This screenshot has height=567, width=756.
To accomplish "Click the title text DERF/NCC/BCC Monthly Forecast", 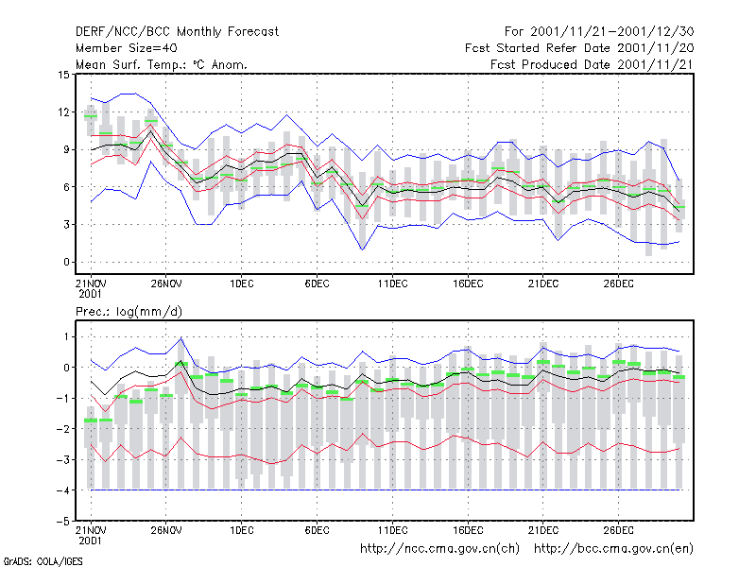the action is [177, 32].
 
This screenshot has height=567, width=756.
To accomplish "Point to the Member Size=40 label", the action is [127, 48].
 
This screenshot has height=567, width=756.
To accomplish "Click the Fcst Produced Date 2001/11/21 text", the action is [592, 64].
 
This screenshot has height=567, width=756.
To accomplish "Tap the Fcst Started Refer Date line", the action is [579, 48].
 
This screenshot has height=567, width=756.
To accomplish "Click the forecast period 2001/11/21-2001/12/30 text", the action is [599, 32].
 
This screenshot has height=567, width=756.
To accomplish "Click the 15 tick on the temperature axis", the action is [63, 75].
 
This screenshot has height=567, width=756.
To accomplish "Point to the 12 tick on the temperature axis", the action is [63, 112].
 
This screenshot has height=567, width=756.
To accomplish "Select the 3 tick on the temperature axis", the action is [66, 225].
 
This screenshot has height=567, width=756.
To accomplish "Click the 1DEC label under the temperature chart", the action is [242, 283].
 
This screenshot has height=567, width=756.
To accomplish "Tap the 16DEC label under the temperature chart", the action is [468, 283].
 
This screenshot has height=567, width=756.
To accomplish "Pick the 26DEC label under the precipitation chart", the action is [619, 530].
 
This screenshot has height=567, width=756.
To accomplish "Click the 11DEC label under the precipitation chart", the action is [392, 530].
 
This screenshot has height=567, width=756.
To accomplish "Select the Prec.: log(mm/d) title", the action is [129, 312].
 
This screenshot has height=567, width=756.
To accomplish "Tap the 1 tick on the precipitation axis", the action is [66, 337].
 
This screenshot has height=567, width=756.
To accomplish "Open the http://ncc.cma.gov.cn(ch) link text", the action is [439, 549].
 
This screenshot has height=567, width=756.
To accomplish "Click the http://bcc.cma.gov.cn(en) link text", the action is [613, 549].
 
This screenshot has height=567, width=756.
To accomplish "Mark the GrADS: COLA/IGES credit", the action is [43, 561].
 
